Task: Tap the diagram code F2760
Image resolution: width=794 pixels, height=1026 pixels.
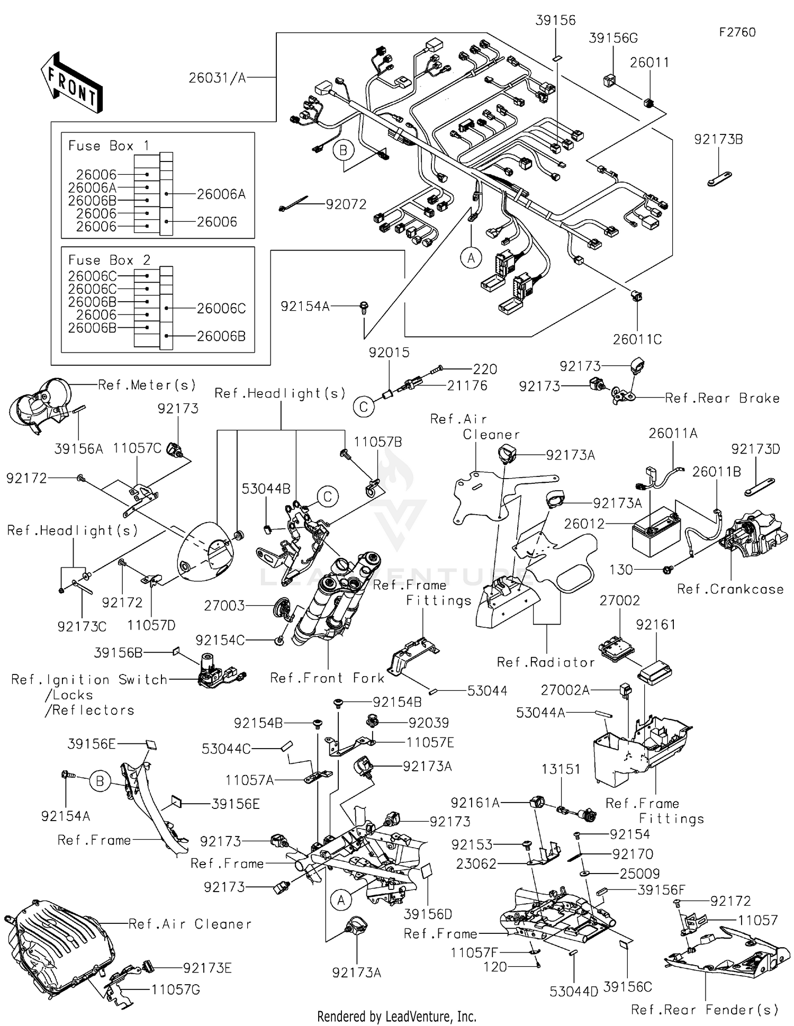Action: (x=737, y=32)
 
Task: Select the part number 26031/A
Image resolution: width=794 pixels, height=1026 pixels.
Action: (x=217, y=78)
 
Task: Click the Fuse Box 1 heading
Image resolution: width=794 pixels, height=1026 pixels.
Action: (x=109, y=146)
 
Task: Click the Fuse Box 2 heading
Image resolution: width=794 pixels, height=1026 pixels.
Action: (x=109, y=260)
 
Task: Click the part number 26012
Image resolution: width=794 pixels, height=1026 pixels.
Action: (x=584, y=524)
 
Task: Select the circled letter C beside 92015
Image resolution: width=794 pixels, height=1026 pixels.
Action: (x=364, y=407)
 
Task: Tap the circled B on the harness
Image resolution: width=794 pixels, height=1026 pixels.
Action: (x=343, y=150)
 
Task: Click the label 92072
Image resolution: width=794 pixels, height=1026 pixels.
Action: (x=346, y=204)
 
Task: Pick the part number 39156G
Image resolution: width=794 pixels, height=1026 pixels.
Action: (x=613, y=38)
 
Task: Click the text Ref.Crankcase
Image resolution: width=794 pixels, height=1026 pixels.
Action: (x=730, y=589)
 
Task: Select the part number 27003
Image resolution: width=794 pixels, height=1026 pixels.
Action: (x=224, y=605)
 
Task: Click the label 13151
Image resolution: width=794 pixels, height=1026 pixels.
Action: (x=561, y=769)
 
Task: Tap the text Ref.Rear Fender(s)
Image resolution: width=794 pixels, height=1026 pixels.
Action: (x=705, y=1010)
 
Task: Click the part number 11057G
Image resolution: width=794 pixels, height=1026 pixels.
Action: (x=176, y=989)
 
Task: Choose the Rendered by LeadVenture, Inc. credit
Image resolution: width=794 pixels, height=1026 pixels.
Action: (x=396, y=1016)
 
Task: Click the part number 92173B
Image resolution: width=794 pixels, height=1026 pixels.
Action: (x=718, y=139)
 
